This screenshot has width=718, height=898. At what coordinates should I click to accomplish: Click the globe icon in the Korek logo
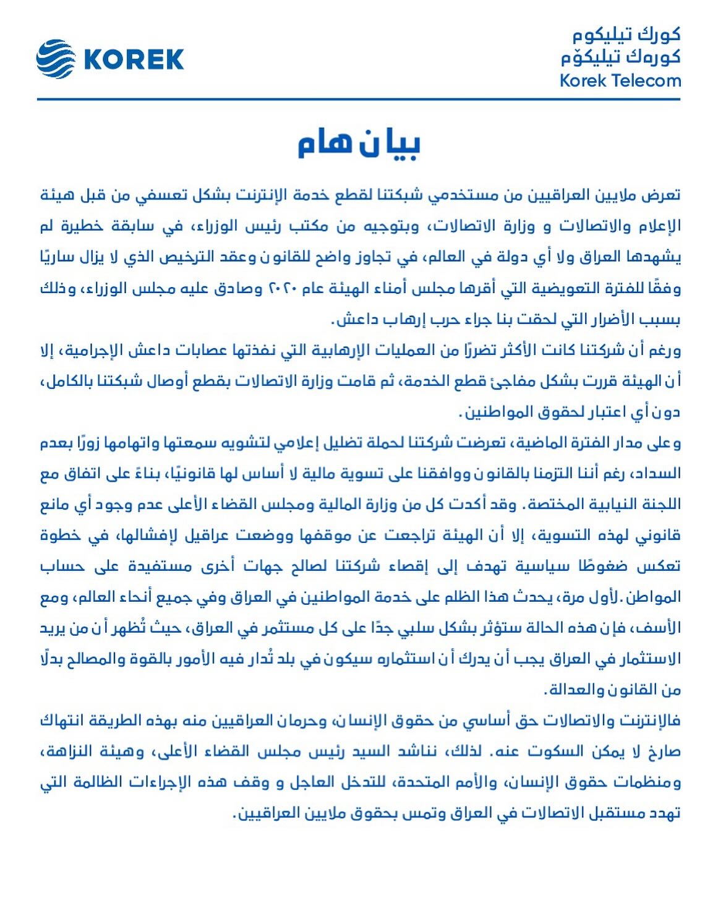(x=56, y=59)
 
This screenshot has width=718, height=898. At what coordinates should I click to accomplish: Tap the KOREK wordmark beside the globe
(x=134, y=60)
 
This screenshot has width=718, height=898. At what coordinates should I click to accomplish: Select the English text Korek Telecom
(x=620, y=80)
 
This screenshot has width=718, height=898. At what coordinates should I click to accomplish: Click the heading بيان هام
(x=359, y=143)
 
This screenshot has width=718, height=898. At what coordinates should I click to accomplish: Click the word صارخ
(x=664, y=752)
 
